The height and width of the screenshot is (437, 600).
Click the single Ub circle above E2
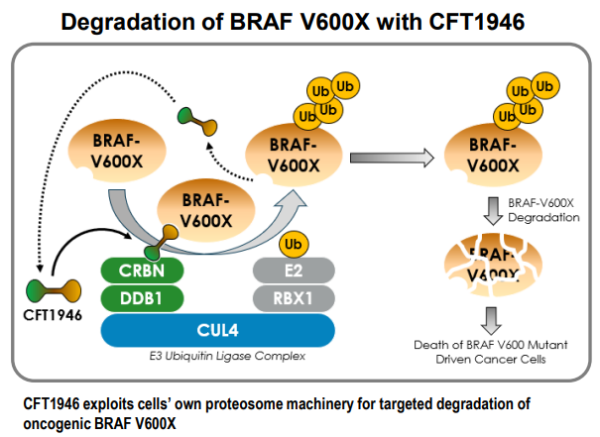pyautogui.click(x=293, y=244)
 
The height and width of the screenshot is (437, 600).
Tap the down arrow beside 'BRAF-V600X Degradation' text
pyautogui.click(x=489, y=209)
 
